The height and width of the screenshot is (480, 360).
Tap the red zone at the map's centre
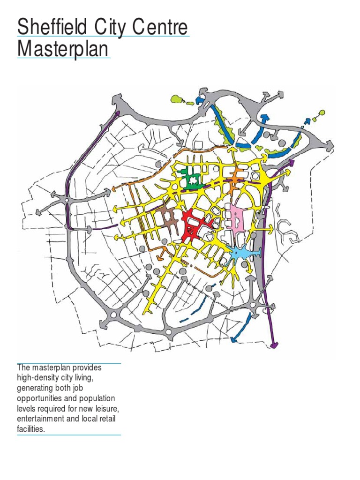pyautogui.click(x=192, y=224)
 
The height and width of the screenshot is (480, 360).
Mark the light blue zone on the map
pyautogui.click(x=242, y=253)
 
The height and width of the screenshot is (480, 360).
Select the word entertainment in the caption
pyautogui.click(x=39, y=419)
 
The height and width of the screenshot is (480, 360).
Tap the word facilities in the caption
pyautogui.click(x=31, y=428)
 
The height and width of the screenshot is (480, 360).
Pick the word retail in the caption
pyautogui.click(x=106, y=419)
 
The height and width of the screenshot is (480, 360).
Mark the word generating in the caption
pyautogui.click(x=34, y=388)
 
